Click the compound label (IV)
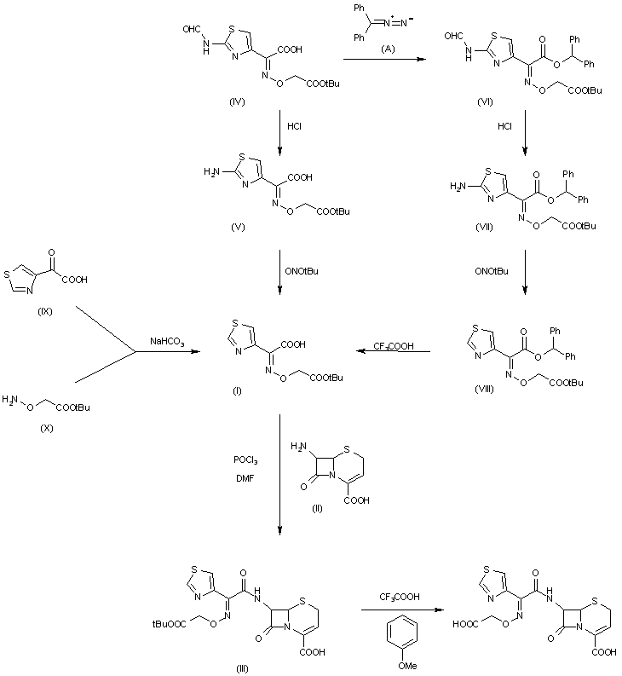pyautogui.click(x=237, y=101)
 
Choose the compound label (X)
pyautogui.click(x=45, y=429)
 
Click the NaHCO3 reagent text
pyautogui.click(x=167, y=343)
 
